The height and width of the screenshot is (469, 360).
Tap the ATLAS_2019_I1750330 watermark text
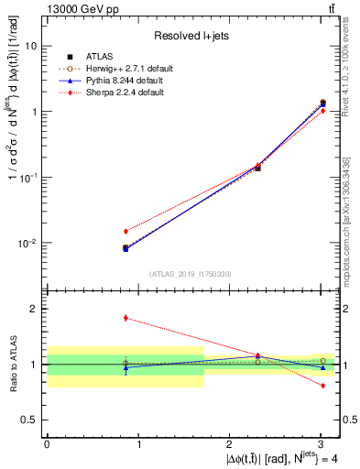pyautogui.click(x=191, y=274)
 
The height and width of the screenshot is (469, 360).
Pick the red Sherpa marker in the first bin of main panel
pyautogui.click(x=125, y=231)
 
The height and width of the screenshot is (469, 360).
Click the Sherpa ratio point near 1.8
pyautogui.click(x=125, y=318)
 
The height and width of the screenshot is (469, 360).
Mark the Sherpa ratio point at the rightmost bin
pyautogui.click(x=322, y=386)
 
